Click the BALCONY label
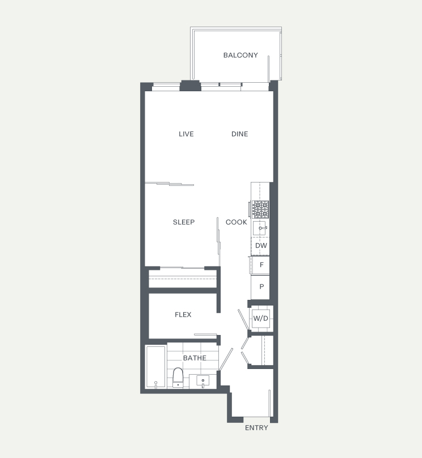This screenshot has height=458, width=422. coord(240,55)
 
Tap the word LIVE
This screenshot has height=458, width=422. coord(186,134)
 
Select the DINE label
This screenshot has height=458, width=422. coord(239,134)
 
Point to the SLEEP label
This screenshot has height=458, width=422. coord(184,222)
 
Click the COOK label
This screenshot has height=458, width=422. coord(237,222)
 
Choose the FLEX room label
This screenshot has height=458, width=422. coord(183,315)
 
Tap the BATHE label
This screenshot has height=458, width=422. coord(195,358)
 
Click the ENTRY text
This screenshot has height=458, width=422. coord(256,427)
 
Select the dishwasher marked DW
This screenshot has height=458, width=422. coord(260,246)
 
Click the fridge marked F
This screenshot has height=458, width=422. coord(260,265)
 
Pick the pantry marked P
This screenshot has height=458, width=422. coord(260,287)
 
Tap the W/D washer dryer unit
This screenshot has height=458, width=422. coord(261,319)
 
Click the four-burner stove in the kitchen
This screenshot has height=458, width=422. coord(260,209)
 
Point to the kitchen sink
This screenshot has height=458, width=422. coord(260,228)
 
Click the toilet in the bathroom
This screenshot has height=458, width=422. coord(178,378)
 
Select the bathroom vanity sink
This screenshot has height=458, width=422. coord(203,381)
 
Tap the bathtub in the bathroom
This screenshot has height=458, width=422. coord(156,367)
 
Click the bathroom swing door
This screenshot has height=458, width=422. coord(226,359)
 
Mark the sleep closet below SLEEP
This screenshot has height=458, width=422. coord(183,279)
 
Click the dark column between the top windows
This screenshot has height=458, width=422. coord(190,86)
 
